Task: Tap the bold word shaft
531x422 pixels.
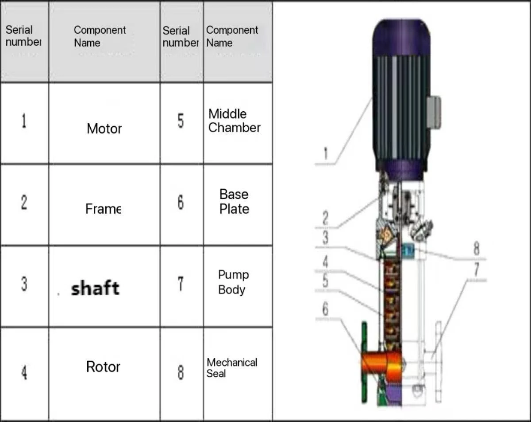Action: [95, 288]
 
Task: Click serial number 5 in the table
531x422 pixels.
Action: [181, 121]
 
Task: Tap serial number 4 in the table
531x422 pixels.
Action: [24, 373]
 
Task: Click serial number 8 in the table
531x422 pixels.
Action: [181, 372]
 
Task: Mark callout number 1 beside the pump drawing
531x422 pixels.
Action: [326, 153]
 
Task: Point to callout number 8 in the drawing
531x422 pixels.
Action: [477, 248]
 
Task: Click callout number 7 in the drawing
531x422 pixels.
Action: [477, 269]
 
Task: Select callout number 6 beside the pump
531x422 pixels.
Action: [326, 309]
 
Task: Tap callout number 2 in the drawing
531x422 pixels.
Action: [326, 218]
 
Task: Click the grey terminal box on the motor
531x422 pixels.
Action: [434, 112]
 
